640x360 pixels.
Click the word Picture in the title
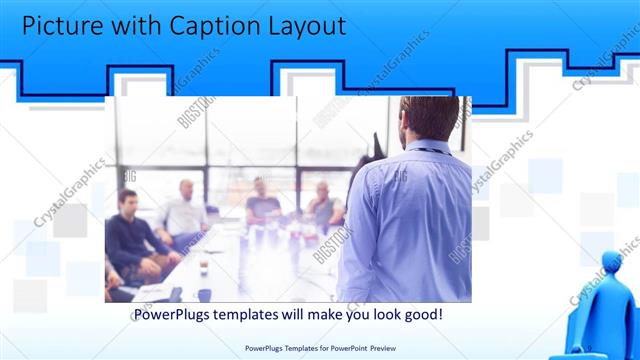62,26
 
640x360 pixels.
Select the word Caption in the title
216,26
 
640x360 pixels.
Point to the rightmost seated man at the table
323,205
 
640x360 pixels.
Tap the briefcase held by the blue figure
585,345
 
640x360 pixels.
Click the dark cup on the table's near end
204,294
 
